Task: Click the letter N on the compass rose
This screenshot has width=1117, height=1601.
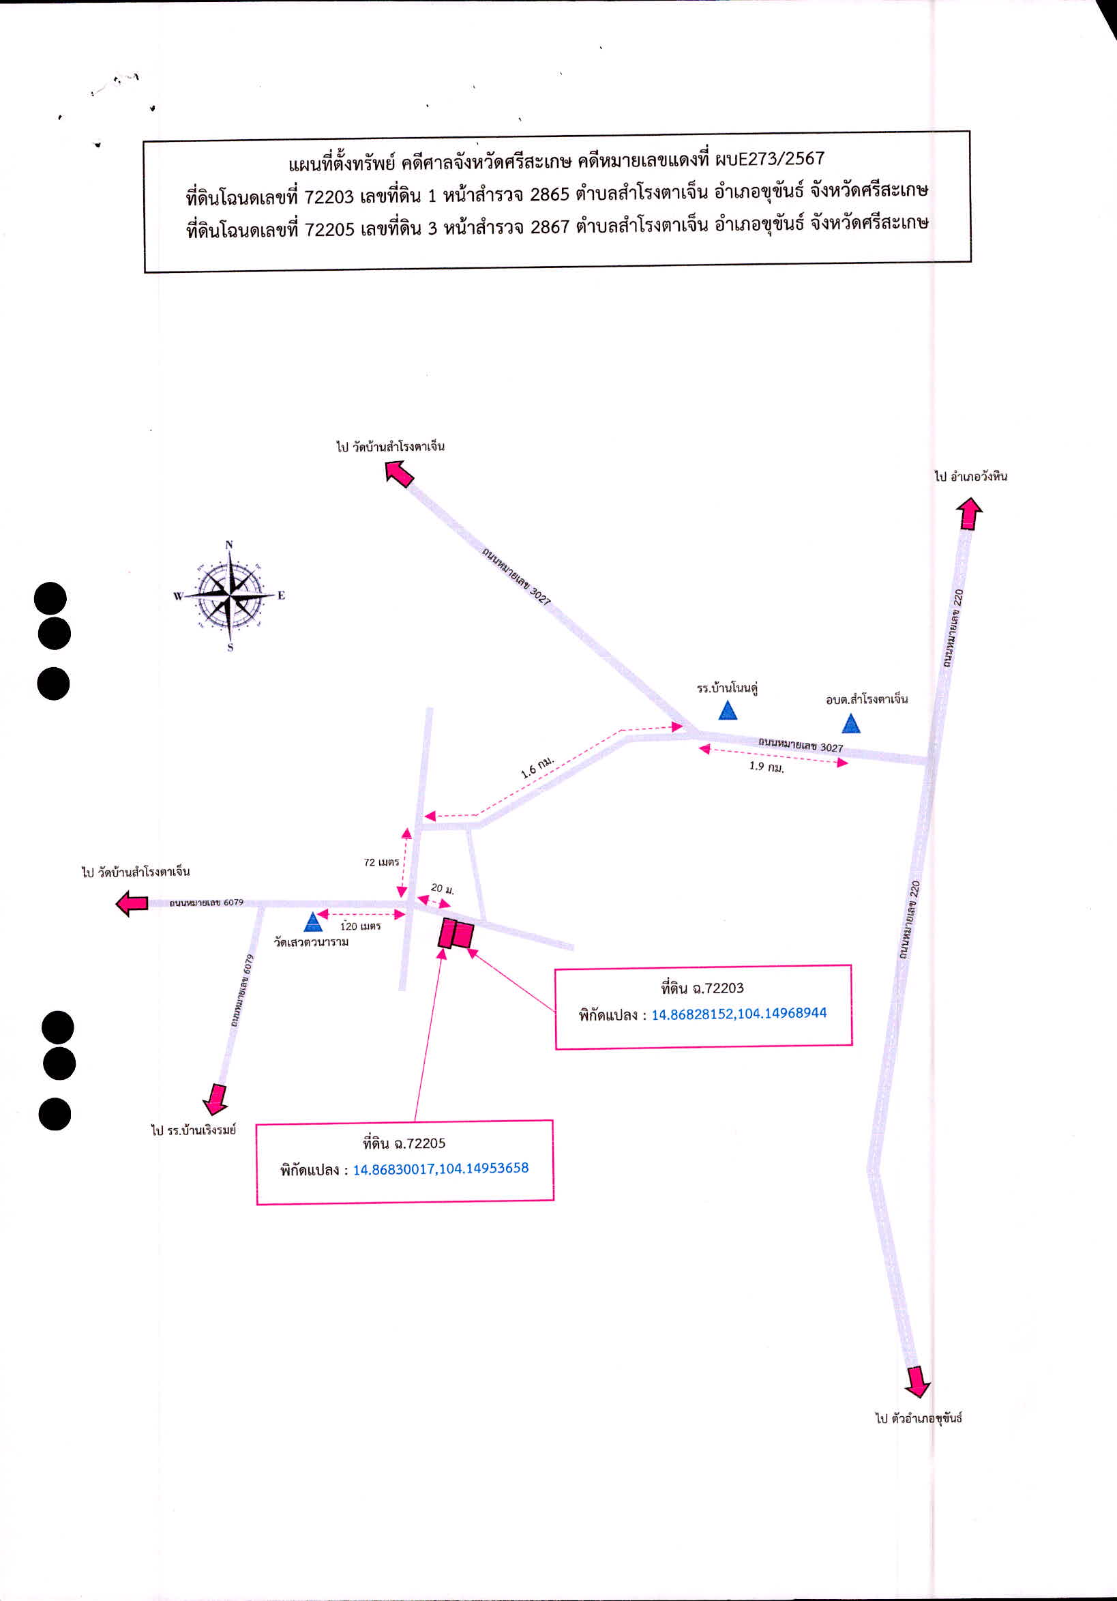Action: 229,545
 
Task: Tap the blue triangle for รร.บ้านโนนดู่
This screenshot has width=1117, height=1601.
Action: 728,711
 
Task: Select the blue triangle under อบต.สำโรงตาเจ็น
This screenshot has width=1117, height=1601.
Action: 850,724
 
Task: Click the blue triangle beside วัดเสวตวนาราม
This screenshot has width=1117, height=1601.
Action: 313,922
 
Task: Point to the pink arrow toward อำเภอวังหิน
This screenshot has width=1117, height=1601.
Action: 968,513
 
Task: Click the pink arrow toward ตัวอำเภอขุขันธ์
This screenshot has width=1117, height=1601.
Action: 918,1381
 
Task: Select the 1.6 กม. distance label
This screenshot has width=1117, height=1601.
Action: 537,767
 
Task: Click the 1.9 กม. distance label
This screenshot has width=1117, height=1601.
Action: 766,766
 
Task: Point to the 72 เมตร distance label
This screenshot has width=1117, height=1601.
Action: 381,862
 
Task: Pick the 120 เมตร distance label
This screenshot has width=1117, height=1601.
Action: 361,926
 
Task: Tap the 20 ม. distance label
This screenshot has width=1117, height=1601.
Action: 442,888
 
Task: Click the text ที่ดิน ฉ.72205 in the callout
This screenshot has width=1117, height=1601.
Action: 404,1143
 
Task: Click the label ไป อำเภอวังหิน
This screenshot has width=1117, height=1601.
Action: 970,476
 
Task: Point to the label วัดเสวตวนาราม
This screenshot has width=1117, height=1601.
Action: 311,942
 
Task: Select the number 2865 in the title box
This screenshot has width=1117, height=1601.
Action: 550,194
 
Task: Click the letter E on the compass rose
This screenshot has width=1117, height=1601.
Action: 281,596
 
